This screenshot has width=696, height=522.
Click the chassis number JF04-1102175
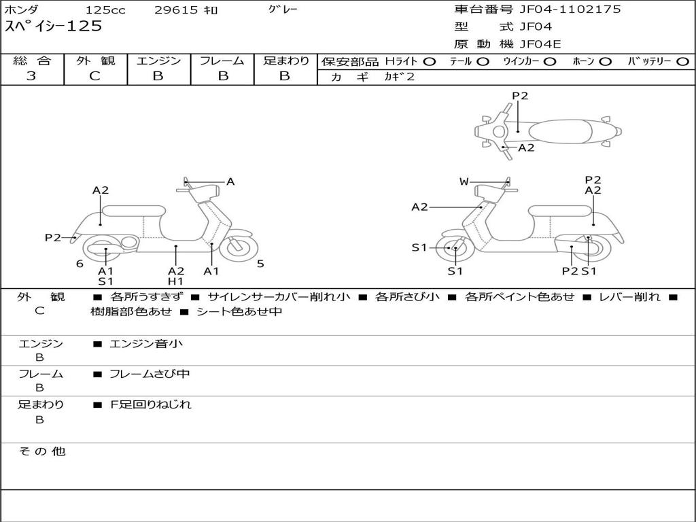click(570, 10)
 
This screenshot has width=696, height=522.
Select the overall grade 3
click(31, 76)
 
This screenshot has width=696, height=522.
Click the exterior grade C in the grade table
click(94, 76)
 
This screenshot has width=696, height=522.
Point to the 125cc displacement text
click(105, 10)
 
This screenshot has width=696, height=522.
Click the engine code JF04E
click(540, 44)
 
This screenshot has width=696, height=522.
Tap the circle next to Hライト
click(430, 62)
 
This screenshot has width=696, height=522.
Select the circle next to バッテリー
click(682, 62)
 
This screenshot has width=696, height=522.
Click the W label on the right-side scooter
click(464, 181)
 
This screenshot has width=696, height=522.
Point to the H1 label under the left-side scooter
click(176, 281)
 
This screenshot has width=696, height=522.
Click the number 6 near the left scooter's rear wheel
click(80, 264)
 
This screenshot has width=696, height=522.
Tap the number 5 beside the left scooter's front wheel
click(260, 264)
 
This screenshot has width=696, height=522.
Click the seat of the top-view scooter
click(560, 131)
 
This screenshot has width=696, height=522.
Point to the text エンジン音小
click(146, 343)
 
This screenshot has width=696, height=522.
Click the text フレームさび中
click(150, 375)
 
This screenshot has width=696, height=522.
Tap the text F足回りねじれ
click(150, 404)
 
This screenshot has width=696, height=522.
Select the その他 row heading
click(42, 451)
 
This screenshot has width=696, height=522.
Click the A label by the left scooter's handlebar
click(230, 181)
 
